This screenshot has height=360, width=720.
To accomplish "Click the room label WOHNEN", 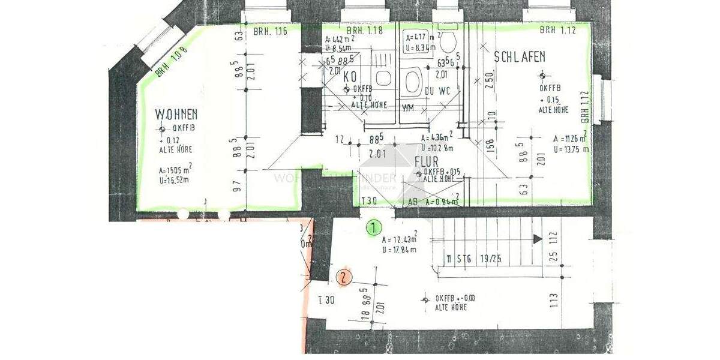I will tap(176, 113).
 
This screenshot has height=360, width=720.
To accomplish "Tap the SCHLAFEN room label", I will tap(520, 57).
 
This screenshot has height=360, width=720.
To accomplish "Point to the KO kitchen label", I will tap(350, 77).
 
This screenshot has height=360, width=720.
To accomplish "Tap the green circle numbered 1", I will tap(374, 227).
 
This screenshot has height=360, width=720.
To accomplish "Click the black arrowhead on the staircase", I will tap(538, 239).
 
